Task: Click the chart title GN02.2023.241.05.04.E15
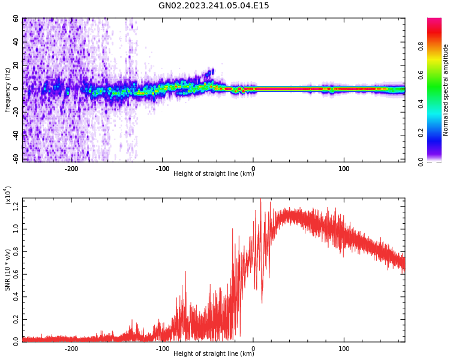click(x=214, y=6)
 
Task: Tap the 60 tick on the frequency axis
click(x=16, y=19)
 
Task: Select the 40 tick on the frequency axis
click(x=16, y=42)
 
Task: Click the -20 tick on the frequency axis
click(x=15, y=112)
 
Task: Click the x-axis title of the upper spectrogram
click(x=214, y=174)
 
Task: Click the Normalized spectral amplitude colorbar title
click(x=446, y=90)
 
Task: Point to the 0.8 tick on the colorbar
click(x=438, y=46)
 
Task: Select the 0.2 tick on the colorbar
click(x=438, y=133)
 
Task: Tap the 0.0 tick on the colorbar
click(x=438, y=161)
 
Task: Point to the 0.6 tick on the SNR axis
click(x=16, y=274)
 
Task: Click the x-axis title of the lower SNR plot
click(x=214, y=354)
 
